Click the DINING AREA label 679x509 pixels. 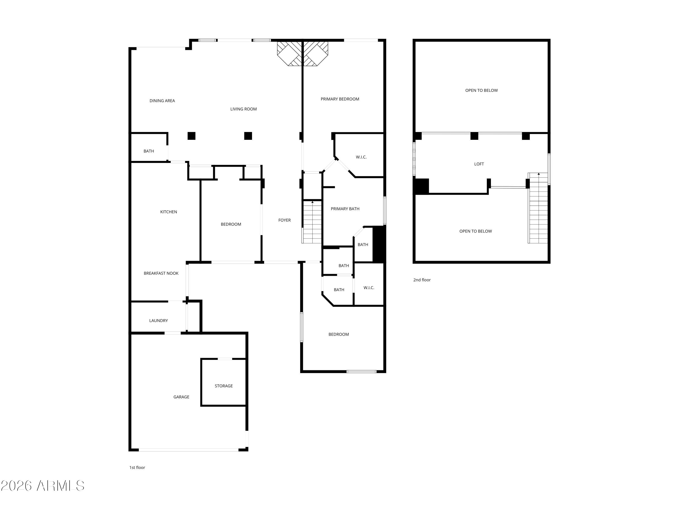tap(162, 101)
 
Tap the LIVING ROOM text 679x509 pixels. tap(243, 109)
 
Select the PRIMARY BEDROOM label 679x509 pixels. tap(340, 99)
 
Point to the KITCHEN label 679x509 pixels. tap(169, 212)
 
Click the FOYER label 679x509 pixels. tap(284, 220)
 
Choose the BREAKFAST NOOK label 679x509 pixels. tap(161, 273)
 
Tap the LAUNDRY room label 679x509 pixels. tap(158, 321)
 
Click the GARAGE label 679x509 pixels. tap(181, 397)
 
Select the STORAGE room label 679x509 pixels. tap(223, 386)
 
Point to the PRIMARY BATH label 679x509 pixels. tap(345, 209)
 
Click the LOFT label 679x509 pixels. tap(479, 164)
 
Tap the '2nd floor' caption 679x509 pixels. tap(422, 280)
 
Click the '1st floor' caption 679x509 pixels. tap(137, 467)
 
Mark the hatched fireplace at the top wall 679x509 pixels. tap(302, 53)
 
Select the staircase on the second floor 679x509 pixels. tap(538, 209)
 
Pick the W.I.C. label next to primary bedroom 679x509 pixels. tap(361, 157)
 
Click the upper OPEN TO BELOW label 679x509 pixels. tap(481, 90)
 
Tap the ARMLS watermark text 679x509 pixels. tap(43, 486)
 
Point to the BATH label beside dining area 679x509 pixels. tap(148, 151)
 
